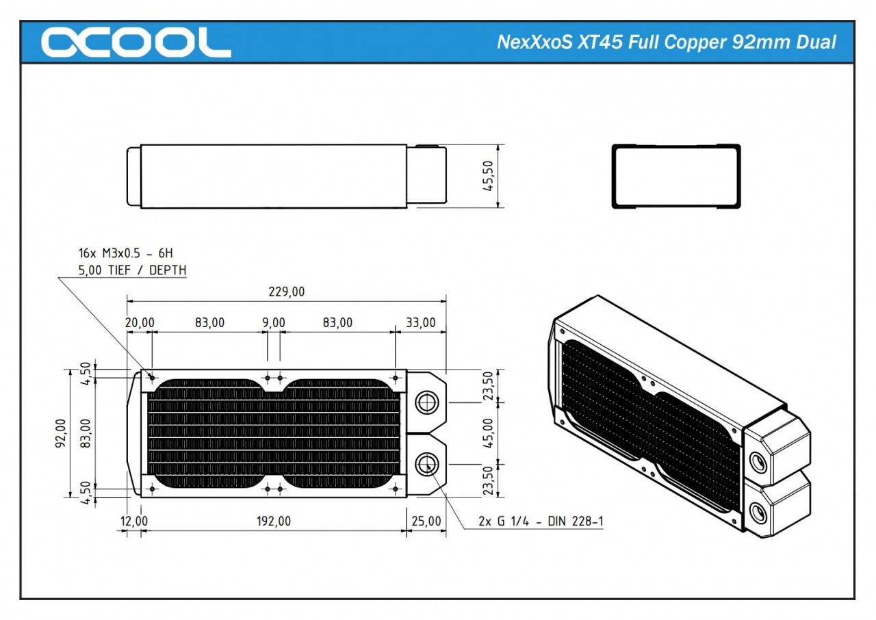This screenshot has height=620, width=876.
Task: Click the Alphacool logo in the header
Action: (x=136, y=42)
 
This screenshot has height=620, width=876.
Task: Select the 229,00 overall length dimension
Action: (x=287, y=292)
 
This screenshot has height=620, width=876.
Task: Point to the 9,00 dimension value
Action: (x=273, y=322)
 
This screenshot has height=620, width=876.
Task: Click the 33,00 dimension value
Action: (x=420, y=322)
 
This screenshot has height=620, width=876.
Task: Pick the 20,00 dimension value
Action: (x=140, y=322)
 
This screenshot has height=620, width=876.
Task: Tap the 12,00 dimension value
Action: (x=133, y=521)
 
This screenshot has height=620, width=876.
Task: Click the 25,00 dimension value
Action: (x=426, y=521)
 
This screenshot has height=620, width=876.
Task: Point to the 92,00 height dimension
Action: (x=61, y=433)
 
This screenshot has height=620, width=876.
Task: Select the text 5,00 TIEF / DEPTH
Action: (x=132, y=270)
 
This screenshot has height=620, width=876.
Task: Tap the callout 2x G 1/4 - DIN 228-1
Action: (x=541, y=521)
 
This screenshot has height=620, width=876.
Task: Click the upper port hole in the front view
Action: (x=428, y=402)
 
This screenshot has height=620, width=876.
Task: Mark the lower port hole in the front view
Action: (x=428, y=464)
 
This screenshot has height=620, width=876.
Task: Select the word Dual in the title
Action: (x=816, y=42)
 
